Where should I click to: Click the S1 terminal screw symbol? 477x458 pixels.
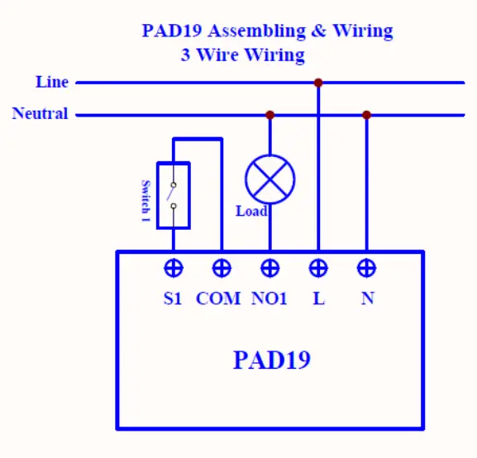click(x=173, y=268)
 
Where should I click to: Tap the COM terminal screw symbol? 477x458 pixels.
click(x=222, y=268)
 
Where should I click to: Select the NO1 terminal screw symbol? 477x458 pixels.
click(x=270, y=268)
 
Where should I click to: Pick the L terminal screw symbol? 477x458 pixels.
click(x=318, y=268)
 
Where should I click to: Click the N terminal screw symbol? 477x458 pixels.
click(x=367, y=268)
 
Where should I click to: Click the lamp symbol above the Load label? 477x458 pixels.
click(x=270, y=178)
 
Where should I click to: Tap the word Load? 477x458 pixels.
click(x=251, y=212)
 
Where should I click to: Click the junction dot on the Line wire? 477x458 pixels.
click(x=318, y=83)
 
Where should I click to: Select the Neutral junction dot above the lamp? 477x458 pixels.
click(x=270, y=115)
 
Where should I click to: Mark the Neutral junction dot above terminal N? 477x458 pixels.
click(x=367, y=115)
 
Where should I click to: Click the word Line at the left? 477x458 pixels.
click(x=52, y=82)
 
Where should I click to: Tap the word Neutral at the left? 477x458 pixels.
click(x=40, y=114)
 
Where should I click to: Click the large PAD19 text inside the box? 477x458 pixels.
click(x=272, y=360)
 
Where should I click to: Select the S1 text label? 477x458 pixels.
click(x=172, y=298)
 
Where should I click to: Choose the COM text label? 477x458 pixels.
click(x=218, y=298)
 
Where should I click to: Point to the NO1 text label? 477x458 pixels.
click(x=269, y=298)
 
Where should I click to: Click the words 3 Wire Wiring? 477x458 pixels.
click(x=243, y=56)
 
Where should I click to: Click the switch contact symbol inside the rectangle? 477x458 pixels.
click(x=173, y=195)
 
